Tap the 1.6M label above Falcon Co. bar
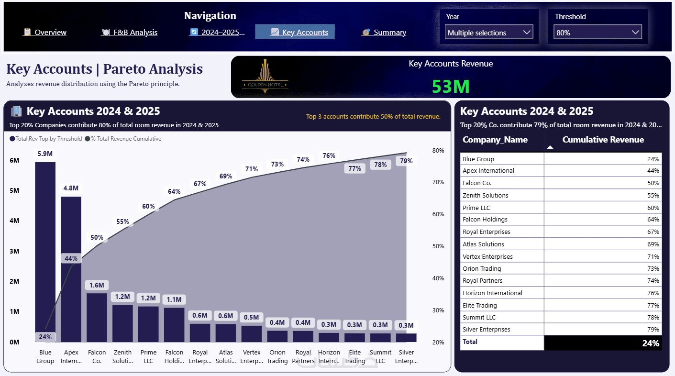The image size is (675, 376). coord(97,285)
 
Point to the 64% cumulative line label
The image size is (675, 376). coord(174,191)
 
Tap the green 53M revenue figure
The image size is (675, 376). coord(451,87)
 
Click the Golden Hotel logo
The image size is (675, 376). coord(265,77)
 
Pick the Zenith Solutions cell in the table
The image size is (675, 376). coord(485,195)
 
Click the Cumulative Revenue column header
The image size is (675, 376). coord(603,140)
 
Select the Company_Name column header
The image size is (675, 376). coord(495,140)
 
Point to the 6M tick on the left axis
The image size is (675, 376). coord(14,160)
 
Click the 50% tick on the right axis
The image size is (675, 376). coord(438,246)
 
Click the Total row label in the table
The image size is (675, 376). coord(470,342)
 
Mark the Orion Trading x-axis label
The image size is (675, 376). coord(277,356)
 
